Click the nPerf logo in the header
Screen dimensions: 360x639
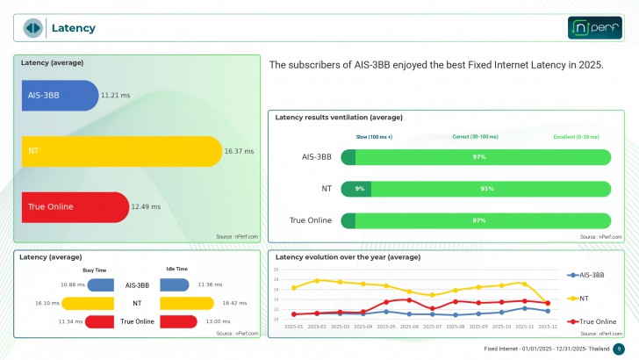pyautogui.click(x=594, y=28)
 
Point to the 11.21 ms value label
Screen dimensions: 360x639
pyautogui.click(x=115, y=95)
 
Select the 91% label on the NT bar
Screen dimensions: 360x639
pyautogui.click(x=487, y=189)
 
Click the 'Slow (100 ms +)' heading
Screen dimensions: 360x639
pyautogui.click(x=374, y=137)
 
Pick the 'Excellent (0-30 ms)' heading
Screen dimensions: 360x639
pyautogui.click(x=576, y=137)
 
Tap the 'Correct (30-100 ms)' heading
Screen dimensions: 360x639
pyautogui.click(x=475, y=137)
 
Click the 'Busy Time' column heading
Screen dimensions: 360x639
pyautogui.click(x=95, y=270)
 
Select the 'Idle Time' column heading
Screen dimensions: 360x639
pyautogui.click(x=176, y=270)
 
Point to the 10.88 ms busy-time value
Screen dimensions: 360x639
pyautogui.click(x=72, y=284)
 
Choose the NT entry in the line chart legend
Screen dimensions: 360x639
pyautogui.click(x=583, y=299)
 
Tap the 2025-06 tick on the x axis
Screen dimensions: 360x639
pyautogui.click(x=409, y=327)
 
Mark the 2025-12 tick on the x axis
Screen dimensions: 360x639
pyautogui.click(x=547, y=327)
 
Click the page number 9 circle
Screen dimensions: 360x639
pyautogui.click(x=618, y=349)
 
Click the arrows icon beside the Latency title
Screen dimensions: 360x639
pyautogui.click(x=32, y=28)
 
